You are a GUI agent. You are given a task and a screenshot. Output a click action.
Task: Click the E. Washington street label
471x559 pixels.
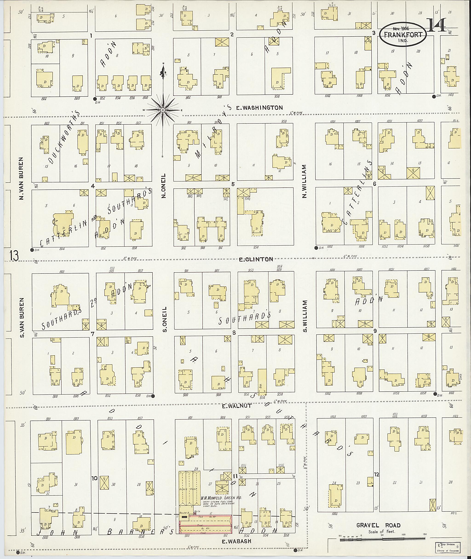259,108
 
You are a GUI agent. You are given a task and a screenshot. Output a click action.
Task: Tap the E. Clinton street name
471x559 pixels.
256,259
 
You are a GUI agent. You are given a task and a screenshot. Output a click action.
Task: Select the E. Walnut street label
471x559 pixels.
237,406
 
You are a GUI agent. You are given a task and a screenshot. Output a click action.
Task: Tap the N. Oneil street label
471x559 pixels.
164,186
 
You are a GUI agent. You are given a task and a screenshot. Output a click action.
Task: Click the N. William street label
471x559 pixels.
305,181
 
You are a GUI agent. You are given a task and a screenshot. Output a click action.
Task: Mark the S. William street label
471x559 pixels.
305,316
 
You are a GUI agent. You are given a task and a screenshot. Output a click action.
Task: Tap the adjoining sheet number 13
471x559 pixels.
14,255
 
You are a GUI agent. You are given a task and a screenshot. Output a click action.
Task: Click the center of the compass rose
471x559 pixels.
163,110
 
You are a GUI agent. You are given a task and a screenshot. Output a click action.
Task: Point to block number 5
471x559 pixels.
233,184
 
